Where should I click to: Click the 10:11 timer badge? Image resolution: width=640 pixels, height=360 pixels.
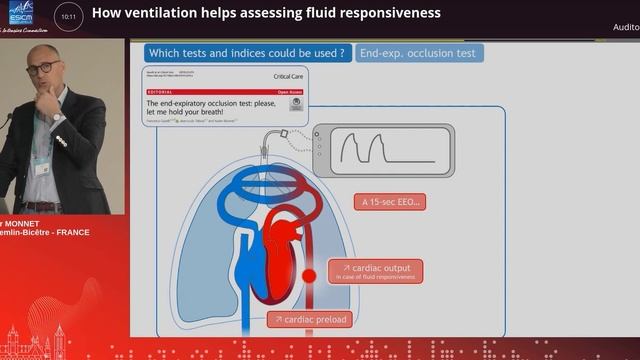click(x=67, y=17)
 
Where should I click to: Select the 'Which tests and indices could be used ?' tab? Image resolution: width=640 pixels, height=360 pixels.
click(x=247, y=53)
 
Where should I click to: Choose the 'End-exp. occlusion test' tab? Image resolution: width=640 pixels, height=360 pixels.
click(x=418, y=53)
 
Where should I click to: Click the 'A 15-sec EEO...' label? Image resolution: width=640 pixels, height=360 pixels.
click(x=390, y=202)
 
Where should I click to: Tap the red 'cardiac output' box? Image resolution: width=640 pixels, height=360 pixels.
click(x=375, y=271)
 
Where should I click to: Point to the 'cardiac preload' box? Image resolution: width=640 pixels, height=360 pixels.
click(x=309, y=319)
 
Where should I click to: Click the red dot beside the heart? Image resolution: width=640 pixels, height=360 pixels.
click(x=309, y=274)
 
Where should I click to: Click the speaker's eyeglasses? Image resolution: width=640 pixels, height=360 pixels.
click(x=41, y=68)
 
